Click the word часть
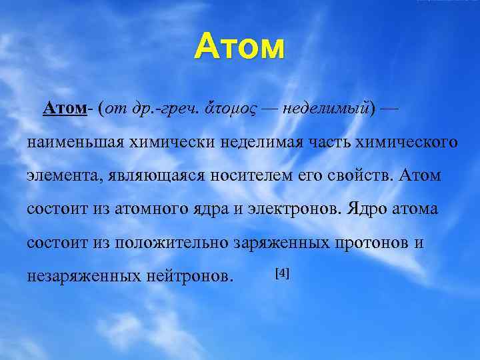click(x=333, y=143)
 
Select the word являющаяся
click(x=141, y=176)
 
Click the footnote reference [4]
click(x=281, y=274)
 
